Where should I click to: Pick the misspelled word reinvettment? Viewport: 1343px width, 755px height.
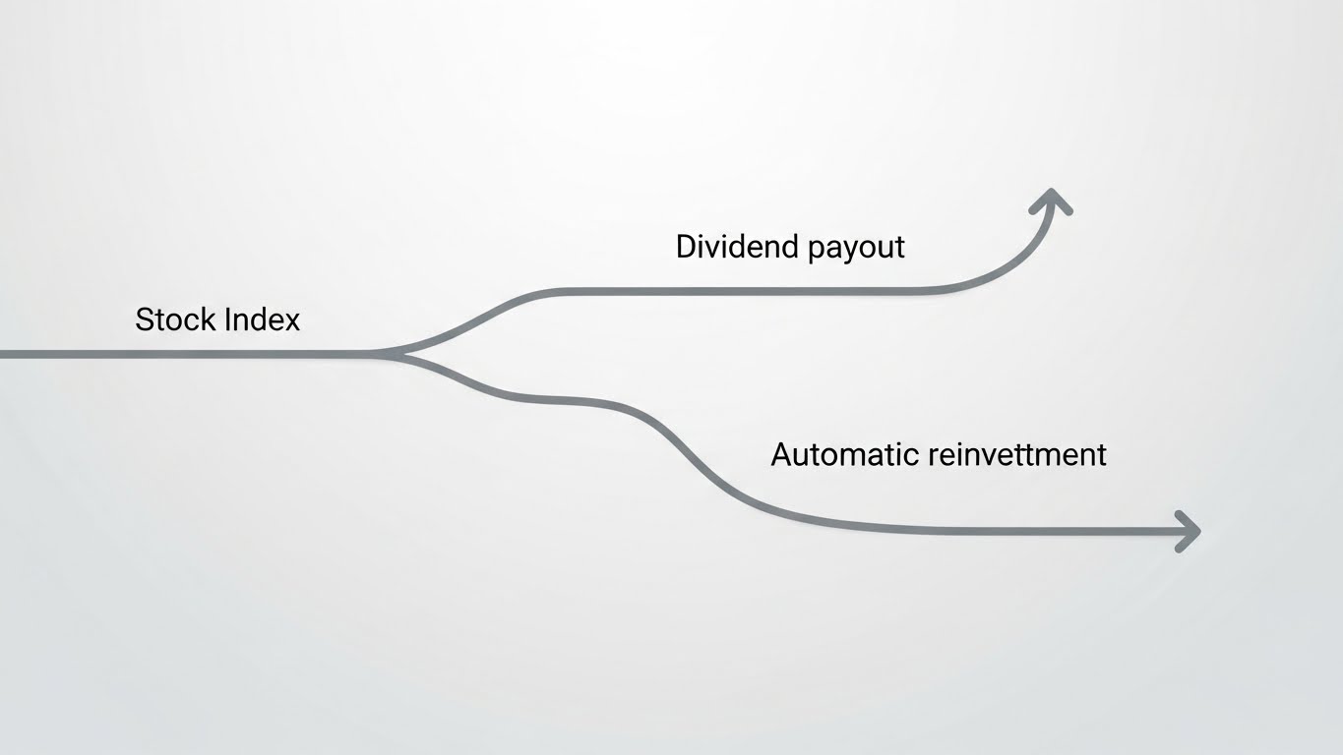pos(1017,454)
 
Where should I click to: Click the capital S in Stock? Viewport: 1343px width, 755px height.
pos(145,319)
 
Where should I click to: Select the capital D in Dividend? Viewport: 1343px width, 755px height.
pos(687,247)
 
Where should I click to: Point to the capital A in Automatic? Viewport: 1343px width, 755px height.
pos(782,454)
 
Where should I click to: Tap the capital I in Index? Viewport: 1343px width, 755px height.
pos(227,319)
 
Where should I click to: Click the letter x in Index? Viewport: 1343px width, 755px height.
pos(291,321)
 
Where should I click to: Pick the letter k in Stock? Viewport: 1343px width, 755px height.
pos(209,319)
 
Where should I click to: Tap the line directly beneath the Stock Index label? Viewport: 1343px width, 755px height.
pos(216,353)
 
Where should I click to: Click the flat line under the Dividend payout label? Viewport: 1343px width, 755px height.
pos(787,291)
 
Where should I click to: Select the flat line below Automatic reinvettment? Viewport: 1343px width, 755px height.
pos(984,531)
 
